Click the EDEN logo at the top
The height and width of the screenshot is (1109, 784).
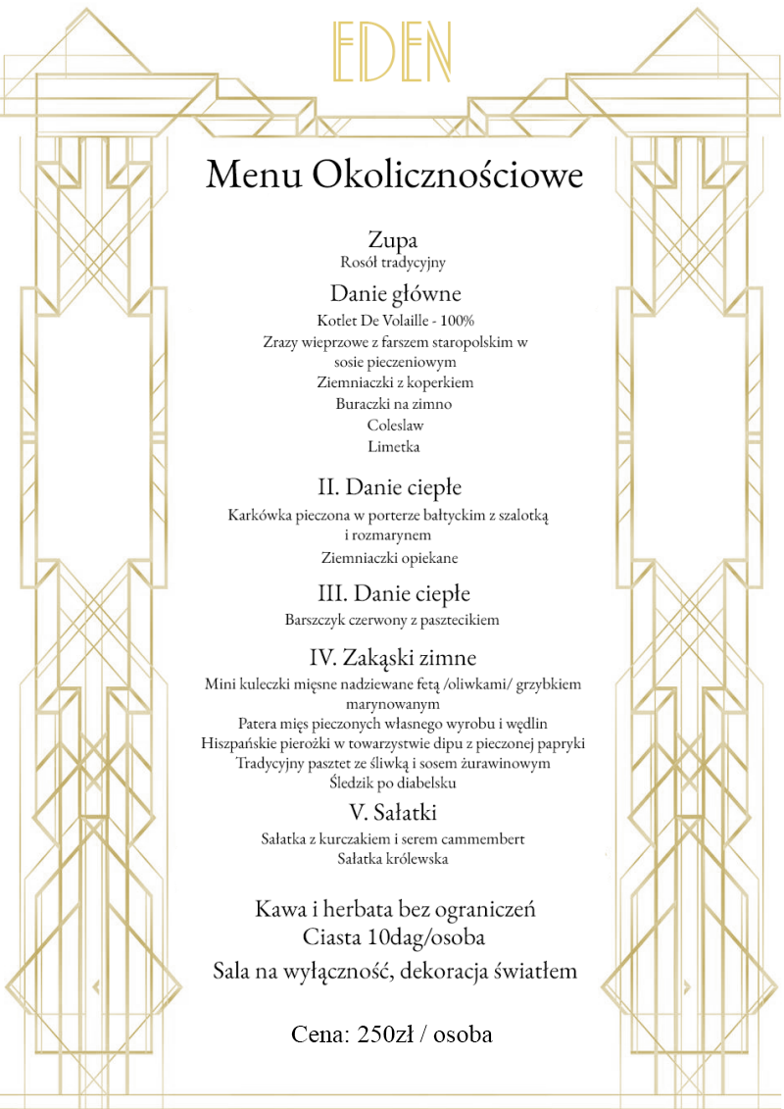click(393, 52)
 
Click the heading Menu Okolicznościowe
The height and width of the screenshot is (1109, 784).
click(394, 175)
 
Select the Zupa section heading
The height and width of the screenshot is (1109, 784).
click(393, 240)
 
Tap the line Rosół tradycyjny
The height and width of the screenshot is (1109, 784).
click(393, 262)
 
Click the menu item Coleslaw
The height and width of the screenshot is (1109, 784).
click(394, 426)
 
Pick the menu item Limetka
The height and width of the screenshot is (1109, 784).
click(394, 447)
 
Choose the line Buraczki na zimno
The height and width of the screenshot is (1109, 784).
click(394, 404)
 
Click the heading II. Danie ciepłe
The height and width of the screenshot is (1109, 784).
click(389, 487)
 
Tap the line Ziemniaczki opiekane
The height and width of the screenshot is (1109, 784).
click(389, 558)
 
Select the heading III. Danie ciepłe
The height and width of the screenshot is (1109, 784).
click(394, 594)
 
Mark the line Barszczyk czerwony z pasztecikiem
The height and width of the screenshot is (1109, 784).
click(393, 620)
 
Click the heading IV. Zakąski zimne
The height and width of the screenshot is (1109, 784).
click(393, 657)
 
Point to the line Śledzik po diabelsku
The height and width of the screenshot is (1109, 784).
click(393, 782)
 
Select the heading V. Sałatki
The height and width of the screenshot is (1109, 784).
click(393, 813)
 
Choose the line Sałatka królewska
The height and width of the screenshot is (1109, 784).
click(393, 859)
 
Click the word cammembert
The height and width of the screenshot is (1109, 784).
click(477, 838)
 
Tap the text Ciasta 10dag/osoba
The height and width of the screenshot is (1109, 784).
click(394, 937)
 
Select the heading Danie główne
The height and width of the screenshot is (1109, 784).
click(395, 293)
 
